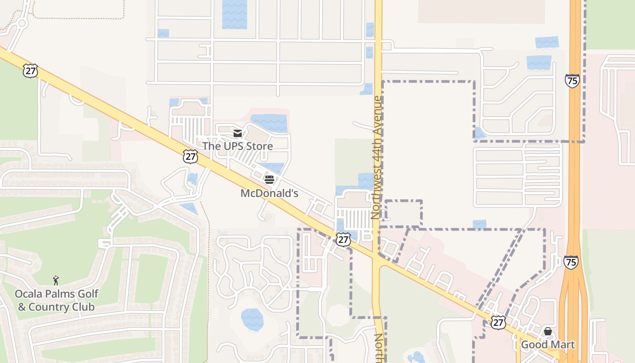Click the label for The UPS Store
coord(237,146)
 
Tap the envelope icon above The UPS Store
coord(238,133)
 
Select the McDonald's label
coord(269,193)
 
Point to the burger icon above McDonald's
coord(269,179)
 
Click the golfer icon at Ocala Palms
coord(56,280)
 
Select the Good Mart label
coord(547,345)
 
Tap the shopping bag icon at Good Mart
coord(548,331)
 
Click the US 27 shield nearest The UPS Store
coord(190,157)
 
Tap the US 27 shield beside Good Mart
coord(498,322)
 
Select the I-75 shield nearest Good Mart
coord(571,262)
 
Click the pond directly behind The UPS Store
coord(269,123)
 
